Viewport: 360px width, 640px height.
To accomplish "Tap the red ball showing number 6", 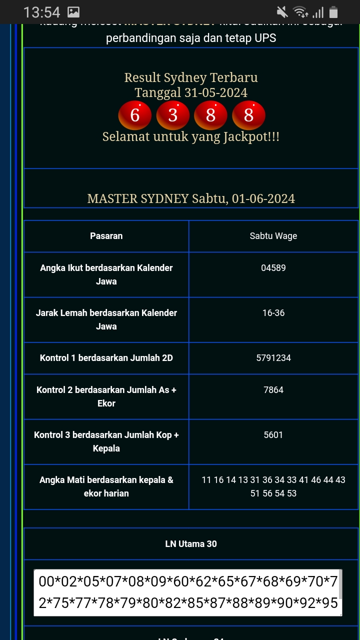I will [x=134, y=115].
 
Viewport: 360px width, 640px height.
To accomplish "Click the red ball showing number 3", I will [x=172, y=115].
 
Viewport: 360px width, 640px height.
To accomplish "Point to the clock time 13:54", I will [x=41, y=12].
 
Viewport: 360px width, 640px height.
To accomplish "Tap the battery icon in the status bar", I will [x=333, y=12].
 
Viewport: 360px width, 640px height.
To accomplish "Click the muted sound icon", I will [x=282, y=12].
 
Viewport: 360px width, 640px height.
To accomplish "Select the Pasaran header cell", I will [x=106, y=236].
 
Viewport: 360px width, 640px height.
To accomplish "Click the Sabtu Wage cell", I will [x=273, y=236].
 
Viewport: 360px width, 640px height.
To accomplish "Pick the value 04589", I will [x=273, y=268].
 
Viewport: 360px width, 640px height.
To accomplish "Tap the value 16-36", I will [x=273, y=313].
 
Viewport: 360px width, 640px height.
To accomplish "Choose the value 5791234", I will [x=273, y=358].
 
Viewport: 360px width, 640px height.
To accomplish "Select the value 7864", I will [x=273, y=390].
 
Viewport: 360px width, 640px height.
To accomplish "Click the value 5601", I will [x=273, y=435].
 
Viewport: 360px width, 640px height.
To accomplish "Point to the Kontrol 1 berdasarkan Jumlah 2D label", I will [x=106, y=358].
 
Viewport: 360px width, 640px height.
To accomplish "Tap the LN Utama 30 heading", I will [x=191, y=544].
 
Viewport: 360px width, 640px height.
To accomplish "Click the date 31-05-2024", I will [x=215, y=93].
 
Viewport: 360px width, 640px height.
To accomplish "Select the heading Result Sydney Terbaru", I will [x=191, y=78].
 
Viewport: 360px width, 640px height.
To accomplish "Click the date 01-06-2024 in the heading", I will [x=263, y=199].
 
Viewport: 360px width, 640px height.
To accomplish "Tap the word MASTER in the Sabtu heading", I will [x=112, y=199].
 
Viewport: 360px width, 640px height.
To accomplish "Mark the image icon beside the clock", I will [x=73, y=12].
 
